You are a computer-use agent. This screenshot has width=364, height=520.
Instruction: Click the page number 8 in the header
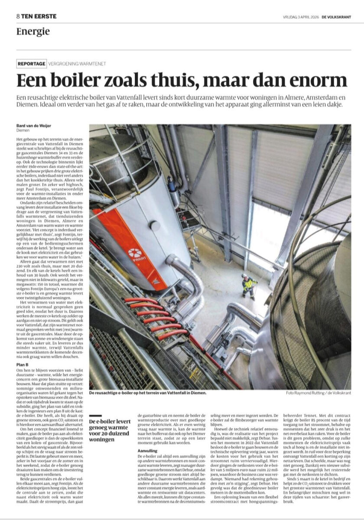(18, 16)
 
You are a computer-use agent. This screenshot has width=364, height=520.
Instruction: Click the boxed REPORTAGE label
(31, 64)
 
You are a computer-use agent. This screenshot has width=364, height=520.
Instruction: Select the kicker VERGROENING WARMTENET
(78, 64)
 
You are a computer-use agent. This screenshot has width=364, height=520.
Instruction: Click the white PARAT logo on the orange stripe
(135, 254)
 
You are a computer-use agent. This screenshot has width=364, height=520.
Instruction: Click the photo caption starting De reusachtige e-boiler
(147, 393)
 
